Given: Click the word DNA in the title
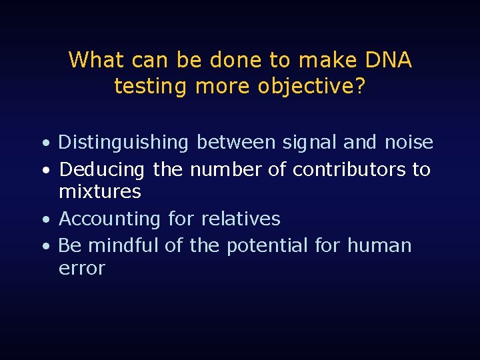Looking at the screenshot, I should [389, 61].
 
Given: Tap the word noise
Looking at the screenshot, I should [409, 143].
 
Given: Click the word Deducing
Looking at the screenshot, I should [101, 170].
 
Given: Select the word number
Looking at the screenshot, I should [226, 170].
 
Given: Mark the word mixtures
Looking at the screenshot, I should [100, 192].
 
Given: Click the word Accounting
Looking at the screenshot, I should [109, 219].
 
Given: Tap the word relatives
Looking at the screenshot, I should [242, 219].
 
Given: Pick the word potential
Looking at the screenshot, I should [267, 246].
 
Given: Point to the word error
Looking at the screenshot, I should [82, 269].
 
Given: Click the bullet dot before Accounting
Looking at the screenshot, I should [44, 220].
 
